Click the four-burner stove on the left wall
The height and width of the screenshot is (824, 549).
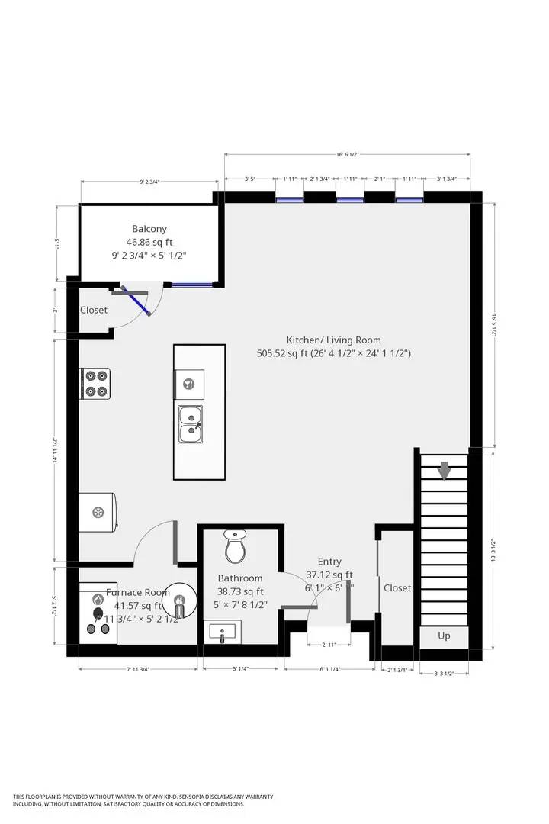coord(96,383)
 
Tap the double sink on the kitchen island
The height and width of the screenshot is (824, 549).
coord(190,423)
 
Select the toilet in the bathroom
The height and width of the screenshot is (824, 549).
coord(235,546)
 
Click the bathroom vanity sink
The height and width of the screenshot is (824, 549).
coord(223,632)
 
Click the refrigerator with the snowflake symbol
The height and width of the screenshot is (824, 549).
coord(98,511)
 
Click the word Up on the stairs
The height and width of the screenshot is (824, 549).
coord(444,636)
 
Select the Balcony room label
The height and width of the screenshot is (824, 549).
coord(149,229)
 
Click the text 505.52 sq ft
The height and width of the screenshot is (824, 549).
coord(283,353)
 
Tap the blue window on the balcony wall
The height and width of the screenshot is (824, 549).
coord(192,285)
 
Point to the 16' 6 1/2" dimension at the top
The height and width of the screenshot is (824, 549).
coord(347,154)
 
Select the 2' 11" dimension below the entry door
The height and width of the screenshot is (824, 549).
coord(329,645)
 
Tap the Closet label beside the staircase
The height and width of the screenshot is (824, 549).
coord(397,588)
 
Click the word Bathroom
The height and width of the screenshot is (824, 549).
coord(240,578)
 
